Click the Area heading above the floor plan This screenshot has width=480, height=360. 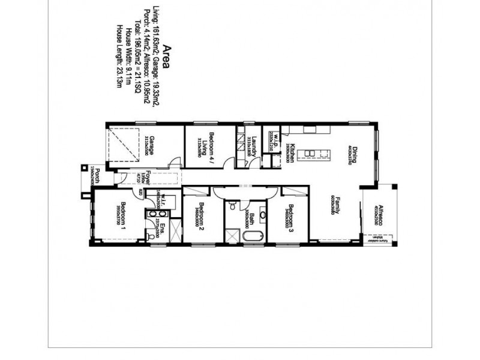pyautogui.click(x=166, y=56)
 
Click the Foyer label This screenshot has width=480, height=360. pyautogui.click(x=128, y=178)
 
